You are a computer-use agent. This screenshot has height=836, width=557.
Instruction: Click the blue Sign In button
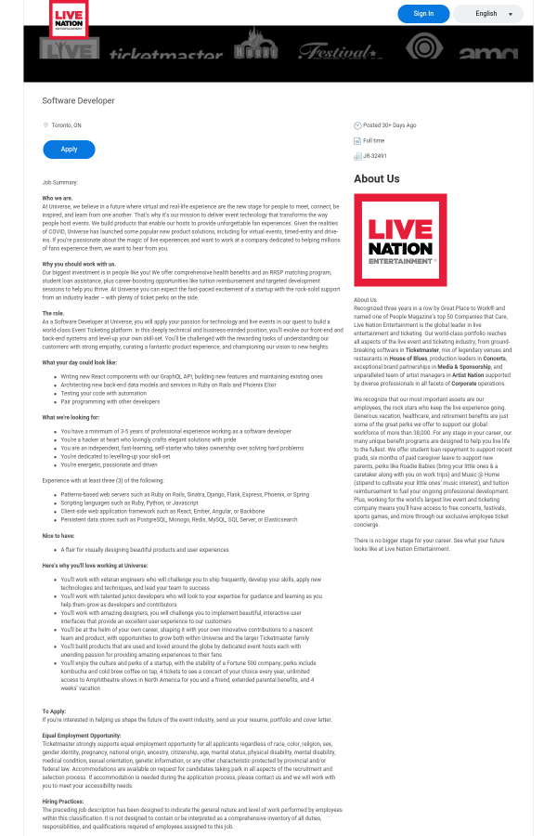pos(423,14)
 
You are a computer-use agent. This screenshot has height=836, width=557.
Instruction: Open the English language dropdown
pos(488,14)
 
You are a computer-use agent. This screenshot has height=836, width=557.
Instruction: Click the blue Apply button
pos(69,149)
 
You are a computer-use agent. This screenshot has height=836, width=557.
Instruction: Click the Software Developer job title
pos(79,100)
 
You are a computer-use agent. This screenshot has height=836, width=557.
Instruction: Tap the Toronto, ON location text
pos(67,124)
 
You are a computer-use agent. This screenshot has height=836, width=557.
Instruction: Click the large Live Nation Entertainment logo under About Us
pos(400,240)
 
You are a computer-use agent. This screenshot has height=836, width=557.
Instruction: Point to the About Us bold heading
pos(377,179)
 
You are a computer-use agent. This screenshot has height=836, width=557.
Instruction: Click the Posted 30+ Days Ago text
pos(389,124)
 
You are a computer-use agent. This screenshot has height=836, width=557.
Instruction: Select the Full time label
pos(374,140)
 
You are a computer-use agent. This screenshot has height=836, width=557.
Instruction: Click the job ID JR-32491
pos(375,156)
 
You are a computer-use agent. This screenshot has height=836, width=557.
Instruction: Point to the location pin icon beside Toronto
pos(45,124)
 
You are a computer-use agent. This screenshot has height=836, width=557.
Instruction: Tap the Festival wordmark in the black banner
pos(332,52)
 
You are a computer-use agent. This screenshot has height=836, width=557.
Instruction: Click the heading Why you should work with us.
pos(79,265)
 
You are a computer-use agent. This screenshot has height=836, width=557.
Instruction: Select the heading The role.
pos(53,313)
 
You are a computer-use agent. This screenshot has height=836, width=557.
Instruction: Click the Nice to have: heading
pos(58,536)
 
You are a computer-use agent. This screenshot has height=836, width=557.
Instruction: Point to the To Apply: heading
pos(54,712)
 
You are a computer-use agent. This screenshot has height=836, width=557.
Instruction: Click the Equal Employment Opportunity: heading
pos(82,736)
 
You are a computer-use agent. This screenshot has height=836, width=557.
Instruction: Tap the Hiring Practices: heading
pos(64,801)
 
